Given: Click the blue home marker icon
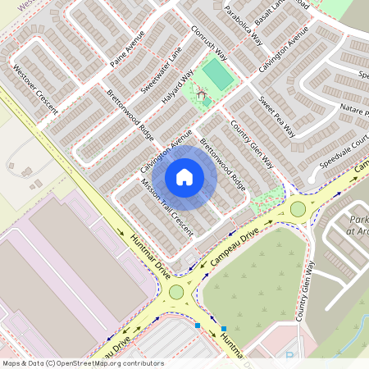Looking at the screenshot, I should (x=184, y=177).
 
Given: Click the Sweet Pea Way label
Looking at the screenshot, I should (x=278, y=116).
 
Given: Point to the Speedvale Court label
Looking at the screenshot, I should (x=344, y=151).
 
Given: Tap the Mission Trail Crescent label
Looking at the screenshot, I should (x=166, y=207).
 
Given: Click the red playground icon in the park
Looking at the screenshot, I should (x=202, y=94).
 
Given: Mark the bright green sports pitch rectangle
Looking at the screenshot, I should (x=217, y=75).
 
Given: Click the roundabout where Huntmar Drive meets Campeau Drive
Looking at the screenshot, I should (x=176, y=292).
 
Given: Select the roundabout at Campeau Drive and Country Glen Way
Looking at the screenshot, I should (x=298, y=209).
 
